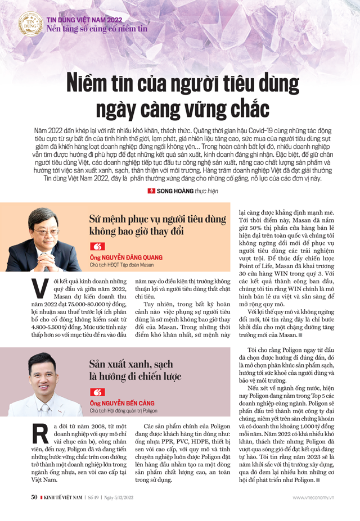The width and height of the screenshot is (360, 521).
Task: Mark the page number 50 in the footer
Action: (x=34, y=513)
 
